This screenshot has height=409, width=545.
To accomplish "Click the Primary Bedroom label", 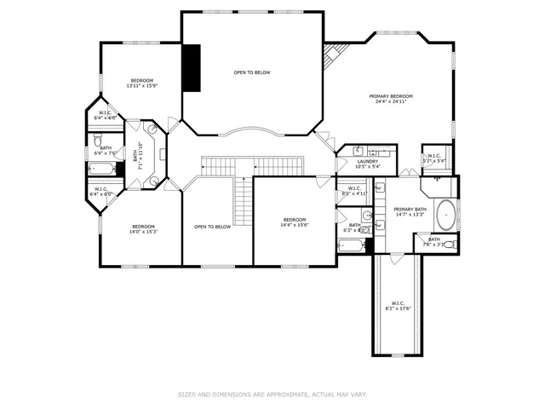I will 391,99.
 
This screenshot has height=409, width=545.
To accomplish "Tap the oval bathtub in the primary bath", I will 446,215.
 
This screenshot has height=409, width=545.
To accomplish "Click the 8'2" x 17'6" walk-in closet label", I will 399,306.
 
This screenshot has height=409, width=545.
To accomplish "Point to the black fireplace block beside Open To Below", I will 193,66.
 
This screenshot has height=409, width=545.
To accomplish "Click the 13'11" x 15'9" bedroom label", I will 141,83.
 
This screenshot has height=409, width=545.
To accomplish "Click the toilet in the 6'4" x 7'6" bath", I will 98,140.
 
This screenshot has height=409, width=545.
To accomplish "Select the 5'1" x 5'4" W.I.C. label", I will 434,158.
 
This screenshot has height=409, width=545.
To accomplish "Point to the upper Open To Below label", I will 252,72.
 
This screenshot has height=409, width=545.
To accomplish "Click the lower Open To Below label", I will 212,227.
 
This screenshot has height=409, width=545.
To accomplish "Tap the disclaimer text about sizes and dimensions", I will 272,395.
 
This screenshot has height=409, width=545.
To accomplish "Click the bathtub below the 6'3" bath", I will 352,247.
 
